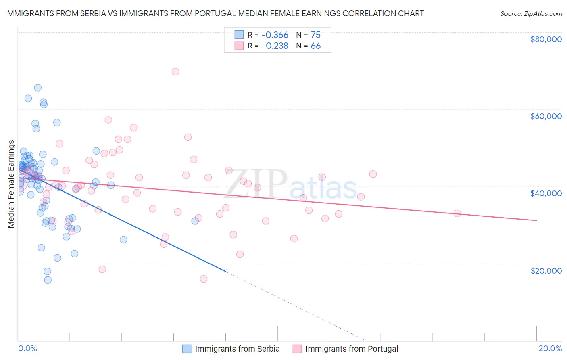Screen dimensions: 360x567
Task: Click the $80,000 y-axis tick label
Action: pyautogui.click(x=546, y=39)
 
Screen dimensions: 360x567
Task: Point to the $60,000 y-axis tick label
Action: pyautogui.click(x=546, y=116)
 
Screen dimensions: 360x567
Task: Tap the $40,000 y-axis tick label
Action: pyautogui.click(x=546, y=193)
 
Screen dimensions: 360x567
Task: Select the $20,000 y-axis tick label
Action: pyautogui.click(x=546, y=270)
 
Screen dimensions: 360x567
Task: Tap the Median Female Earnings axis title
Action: pyautogui.click(x=11, y=184)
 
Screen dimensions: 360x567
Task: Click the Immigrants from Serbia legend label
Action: pyautogui.click(x=237, y=349)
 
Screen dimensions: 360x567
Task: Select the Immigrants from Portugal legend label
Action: pyautogui.click(x=352, y=349)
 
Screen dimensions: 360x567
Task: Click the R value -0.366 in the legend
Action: pyautogui.click(x=275, y=35)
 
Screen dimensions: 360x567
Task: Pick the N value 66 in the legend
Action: pyautogui.click(x=315, y=46)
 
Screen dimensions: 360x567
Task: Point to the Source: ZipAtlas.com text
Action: pyautogui.click(x=531, y=14)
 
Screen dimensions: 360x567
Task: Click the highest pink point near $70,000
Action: pyautogui.click(x=175, y=71)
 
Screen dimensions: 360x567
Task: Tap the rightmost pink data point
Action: pyautogui.click(x=457, y=213)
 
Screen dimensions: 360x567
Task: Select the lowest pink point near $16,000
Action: pyautogui.click(x=204, y=279)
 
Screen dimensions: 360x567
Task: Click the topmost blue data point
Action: pyautogui.click(x=38, y=88)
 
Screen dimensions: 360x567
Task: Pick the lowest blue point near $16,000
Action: pyautogui.click(x=48, y=280)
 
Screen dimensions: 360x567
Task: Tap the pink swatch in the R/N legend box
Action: pyautogui.click(x=239, y=46)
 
